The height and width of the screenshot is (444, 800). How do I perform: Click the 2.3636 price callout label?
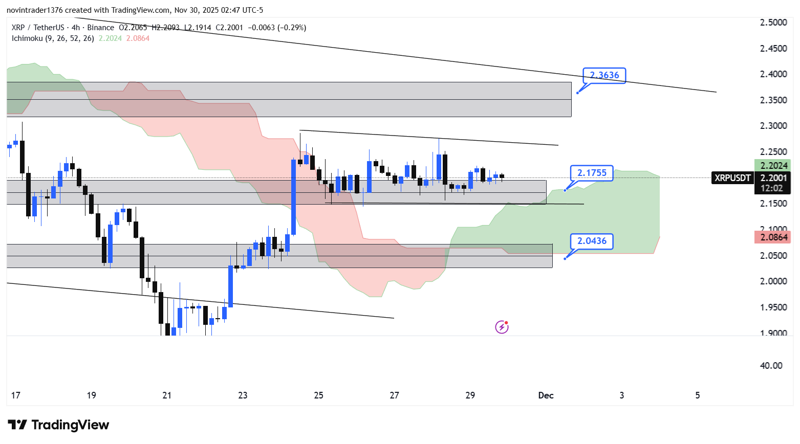604,75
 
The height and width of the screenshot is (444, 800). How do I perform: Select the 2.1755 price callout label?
592,173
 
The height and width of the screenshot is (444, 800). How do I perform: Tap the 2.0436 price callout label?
592,241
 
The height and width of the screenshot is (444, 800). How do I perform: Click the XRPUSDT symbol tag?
732,178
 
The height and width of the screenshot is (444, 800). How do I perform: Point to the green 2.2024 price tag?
773,166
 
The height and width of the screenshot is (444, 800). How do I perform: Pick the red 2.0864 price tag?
773,237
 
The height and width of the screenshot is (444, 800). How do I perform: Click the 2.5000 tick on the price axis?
773,23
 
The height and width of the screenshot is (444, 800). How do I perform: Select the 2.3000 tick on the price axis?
773,126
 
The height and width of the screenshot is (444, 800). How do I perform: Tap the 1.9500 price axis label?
773,307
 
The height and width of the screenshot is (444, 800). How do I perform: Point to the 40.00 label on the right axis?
771,366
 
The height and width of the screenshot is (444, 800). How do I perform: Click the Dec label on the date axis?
546,395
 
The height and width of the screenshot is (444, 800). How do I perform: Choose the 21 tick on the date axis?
167,395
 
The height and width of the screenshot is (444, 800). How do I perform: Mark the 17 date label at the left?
16,395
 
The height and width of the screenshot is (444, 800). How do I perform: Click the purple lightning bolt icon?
502,327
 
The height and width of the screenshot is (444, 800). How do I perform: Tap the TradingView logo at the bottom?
58,425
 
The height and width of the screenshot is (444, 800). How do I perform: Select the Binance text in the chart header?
100,28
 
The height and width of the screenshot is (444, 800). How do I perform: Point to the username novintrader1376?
34,10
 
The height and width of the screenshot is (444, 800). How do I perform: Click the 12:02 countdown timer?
772,188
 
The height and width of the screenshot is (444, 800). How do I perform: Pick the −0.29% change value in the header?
292,28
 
